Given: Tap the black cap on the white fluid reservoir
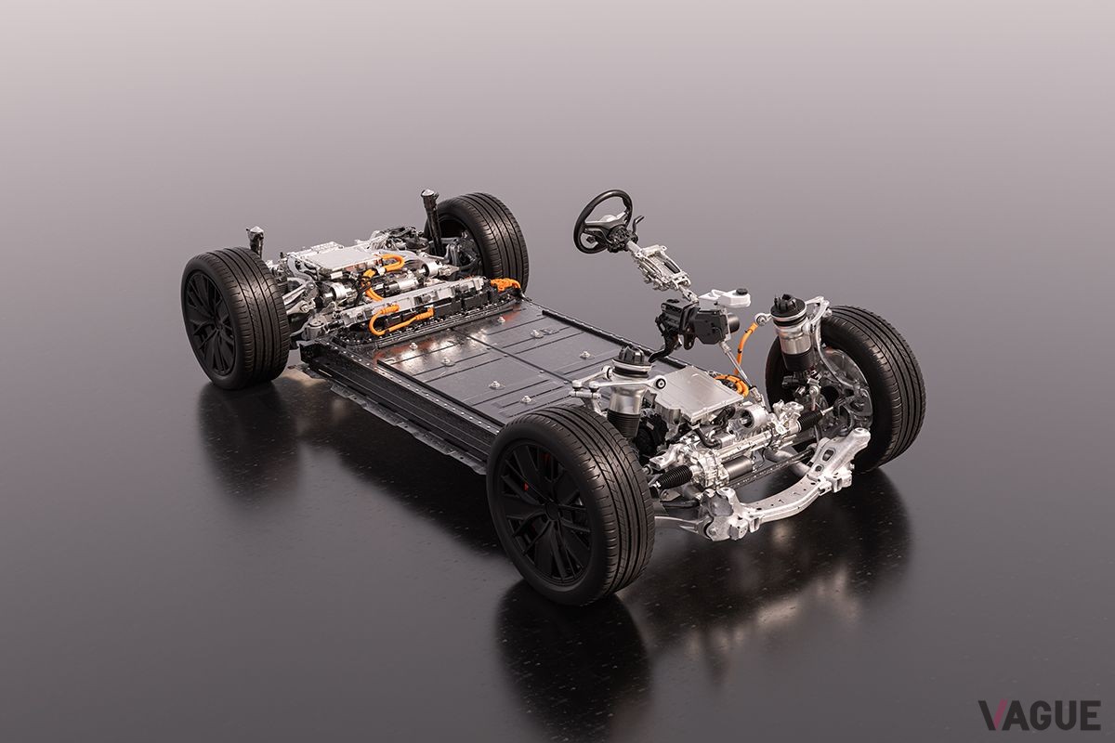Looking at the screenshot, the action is [742, 291].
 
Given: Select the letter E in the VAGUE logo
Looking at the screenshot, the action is [1089, 715].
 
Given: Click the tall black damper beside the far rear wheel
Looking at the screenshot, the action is [430, 219].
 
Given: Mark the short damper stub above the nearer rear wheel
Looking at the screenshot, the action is [256, 240].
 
